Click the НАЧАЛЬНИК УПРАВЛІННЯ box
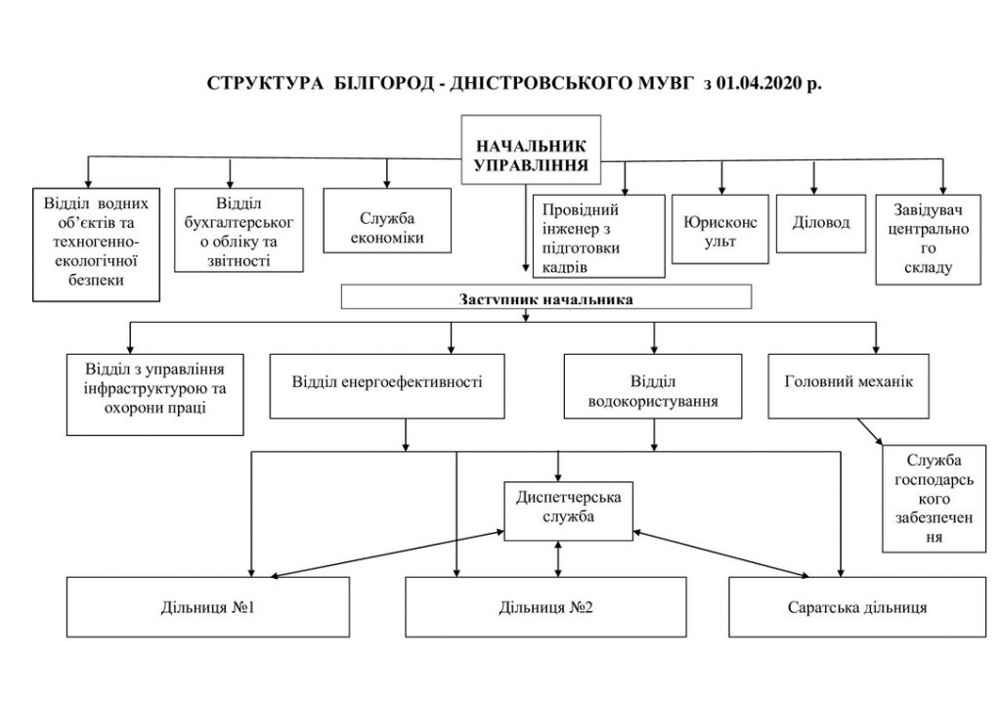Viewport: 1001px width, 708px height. (x=531, y=150)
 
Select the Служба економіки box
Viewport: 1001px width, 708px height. (x=387, y=220)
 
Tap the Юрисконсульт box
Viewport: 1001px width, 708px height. (x=720, y=229)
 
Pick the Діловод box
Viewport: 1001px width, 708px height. (x=821, y=223)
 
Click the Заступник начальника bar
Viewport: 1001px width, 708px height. (x=546, y=297)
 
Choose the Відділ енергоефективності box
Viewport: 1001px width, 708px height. (x=387, y=386)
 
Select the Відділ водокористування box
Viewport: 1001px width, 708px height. (x=653, y=386)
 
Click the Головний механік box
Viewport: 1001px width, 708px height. (x=849, y=386)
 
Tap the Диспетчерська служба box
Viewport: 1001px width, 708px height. (x=568, y=511)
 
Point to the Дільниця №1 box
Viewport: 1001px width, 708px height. (x=208, y=607)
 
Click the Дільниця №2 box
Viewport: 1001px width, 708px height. (x=545, y=607)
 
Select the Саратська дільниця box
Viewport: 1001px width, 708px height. (x=857, y=607)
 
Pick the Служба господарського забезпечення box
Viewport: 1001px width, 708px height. (x=934, y=499)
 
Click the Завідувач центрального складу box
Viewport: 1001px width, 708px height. (x=929, y=240)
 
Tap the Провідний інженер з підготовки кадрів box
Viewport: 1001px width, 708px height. (x=599, y=237)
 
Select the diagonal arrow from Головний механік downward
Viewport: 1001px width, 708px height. (x=870, y=432)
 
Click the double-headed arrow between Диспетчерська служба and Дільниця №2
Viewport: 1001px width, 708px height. (x=558, y=559)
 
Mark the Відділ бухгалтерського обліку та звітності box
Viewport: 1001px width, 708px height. (x=239, y=230)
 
